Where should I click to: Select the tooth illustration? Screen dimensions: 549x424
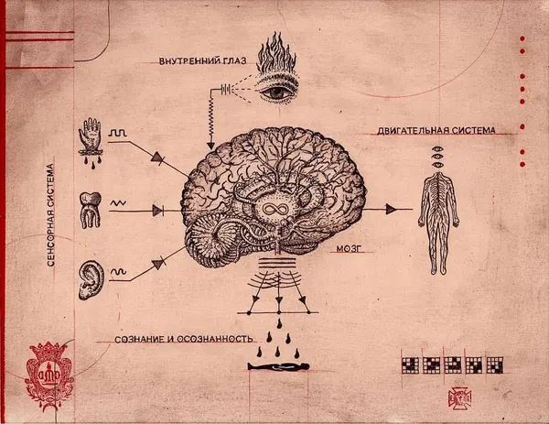coord(91,210)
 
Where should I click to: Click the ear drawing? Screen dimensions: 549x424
coord(91,280)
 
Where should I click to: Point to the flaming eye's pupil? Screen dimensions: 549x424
coord(277,92)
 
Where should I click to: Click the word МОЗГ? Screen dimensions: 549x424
coord(349,249)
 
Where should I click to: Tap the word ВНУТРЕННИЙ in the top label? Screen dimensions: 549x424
coord(189,61)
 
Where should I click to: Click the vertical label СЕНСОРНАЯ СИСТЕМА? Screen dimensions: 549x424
coord(51,215)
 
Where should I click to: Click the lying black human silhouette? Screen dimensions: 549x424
coord(278,366)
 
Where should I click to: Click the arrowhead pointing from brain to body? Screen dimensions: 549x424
coord(391,209)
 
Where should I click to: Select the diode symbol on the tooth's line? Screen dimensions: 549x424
coord(158,211)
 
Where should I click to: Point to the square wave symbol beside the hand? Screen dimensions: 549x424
coord(118,133)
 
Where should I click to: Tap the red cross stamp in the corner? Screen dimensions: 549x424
coord(459,398)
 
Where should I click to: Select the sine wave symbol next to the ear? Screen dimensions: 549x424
coord(118,272)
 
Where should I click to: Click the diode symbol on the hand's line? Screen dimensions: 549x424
coord(157,158)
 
